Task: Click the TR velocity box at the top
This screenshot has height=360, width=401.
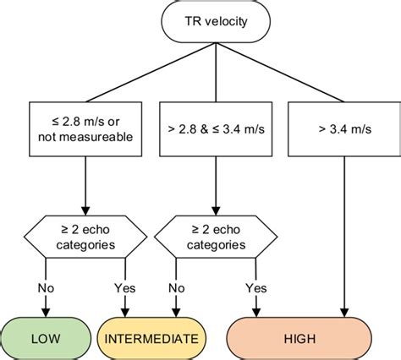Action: pyautogui.click(x=217, y=20)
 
